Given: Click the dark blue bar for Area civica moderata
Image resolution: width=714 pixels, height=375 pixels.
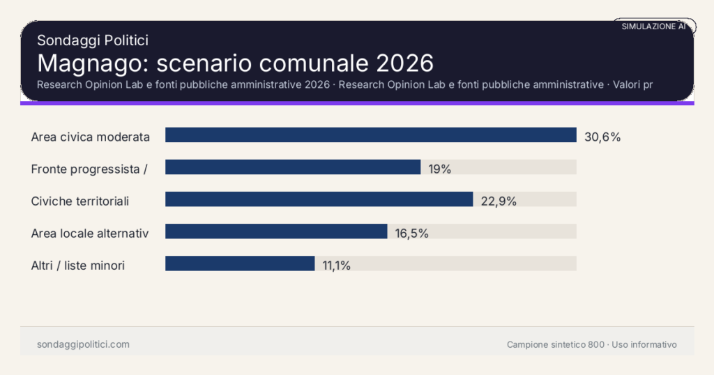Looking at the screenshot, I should (x=370, y=135).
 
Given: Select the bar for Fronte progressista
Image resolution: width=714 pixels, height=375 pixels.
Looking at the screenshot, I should (x=293, y=167).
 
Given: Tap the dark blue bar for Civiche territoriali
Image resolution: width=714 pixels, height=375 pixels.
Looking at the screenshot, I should (x=319, y=199).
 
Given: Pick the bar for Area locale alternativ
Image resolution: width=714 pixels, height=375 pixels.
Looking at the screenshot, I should (x=276, y=231).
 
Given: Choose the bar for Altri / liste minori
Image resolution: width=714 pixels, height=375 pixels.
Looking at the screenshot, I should (x=240, y=263).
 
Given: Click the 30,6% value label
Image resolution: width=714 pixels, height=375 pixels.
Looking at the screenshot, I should (x=602, y=137).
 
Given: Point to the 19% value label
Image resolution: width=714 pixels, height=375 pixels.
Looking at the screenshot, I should (x=440, y=169).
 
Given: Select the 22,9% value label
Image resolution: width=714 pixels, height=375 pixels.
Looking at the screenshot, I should (x=499, y=201).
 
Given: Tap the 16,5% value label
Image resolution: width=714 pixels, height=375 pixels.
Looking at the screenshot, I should (x=411, y=234).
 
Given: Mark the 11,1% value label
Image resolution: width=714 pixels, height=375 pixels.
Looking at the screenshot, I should (x=336, y=266).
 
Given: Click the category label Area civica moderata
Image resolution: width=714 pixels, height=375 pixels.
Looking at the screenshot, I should (x=91, y=137).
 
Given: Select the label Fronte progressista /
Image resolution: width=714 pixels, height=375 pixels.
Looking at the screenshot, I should (x=89, y=169).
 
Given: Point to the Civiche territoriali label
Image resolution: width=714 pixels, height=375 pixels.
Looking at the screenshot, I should (x=80, y=201).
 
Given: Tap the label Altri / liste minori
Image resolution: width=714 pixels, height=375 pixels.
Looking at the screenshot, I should (x=78, y=266).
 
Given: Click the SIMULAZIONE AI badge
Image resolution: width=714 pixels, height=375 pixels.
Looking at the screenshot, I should (x=653, y=26).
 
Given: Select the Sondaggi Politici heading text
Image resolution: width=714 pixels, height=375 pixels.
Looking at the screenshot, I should (x=93, y=40).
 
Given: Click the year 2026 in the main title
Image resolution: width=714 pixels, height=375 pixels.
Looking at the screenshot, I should (x=404, y=63).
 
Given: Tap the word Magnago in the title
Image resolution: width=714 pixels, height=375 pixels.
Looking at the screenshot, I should (x=92, y=63).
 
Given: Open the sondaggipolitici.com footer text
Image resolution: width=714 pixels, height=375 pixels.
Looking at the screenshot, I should (x=83, y=344).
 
